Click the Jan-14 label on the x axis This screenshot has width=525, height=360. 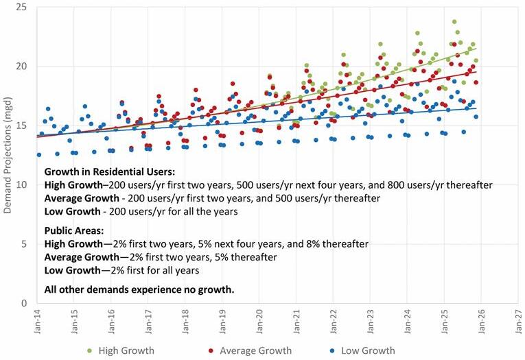[37, 324]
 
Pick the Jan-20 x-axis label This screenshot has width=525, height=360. [259, 324]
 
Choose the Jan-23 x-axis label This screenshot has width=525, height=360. [371, 324]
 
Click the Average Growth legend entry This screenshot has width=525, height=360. [255, 351]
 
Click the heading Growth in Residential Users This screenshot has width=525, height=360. [109, 172]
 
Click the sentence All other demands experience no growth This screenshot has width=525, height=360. [139, 290]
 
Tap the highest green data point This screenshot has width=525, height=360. [454, 22]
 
